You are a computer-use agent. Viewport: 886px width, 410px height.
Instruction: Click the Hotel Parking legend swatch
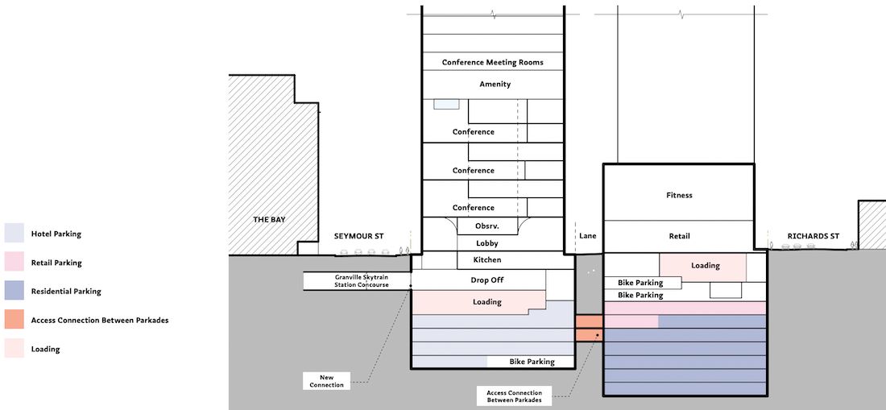pos(14,234)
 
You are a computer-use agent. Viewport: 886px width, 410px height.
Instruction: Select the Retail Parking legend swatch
pos(14,262)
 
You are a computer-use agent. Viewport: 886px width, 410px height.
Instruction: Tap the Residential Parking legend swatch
pos(14,291)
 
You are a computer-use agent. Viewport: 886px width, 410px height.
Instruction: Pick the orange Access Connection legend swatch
pos(14,320)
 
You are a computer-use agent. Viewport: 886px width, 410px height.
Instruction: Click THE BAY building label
pos(269,219)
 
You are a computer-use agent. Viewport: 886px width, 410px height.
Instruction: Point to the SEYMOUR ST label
pos(358,236)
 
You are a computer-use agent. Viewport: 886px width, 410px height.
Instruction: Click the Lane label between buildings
pos(588,236)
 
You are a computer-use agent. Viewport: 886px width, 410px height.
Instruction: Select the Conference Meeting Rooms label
pos(493,62)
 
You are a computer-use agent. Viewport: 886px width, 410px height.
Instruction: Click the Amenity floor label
pos(495,84)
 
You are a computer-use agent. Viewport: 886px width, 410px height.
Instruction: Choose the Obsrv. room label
pos(487,226)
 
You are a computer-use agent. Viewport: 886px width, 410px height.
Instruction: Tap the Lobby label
pos(487,243)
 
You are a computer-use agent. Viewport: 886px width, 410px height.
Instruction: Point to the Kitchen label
pos(487,260)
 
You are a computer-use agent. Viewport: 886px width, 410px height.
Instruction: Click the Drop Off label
pos(487,280)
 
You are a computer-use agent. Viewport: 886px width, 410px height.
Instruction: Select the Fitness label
pos(679,196)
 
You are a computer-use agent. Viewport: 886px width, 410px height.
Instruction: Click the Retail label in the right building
pos(679,236)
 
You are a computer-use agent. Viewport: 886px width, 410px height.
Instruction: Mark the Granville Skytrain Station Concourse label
pos(362,280)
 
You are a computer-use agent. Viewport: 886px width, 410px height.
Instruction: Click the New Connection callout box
pos(326,381)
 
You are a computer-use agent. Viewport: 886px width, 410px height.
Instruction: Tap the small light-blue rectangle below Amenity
pos(446,104)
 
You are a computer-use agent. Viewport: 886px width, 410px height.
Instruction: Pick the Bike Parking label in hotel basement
pos(532,362)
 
